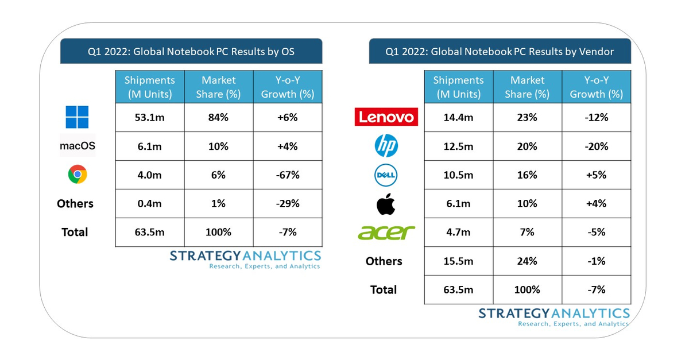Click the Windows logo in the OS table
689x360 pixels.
pos(77,117)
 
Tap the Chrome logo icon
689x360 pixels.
pos(77,175)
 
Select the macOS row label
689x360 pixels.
pos(77,146)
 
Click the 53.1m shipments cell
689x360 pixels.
pos(149,118)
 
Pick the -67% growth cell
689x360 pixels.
pos(287,175)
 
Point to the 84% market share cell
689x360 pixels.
pos(218,118)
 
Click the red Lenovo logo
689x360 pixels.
pos(385,117)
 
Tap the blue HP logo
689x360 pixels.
pos(386,146)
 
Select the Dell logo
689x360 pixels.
pos(386,175)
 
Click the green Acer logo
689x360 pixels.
pos(386,232)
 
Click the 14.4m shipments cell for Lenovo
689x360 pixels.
pos(458,118)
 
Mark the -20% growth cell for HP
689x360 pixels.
pos(596,146)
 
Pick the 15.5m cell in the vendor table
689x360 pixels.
pos(458,261)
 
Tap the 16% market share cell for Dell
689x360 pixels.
pos(527,175)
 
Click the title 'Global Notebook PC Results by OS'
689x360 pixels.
pos(191,52)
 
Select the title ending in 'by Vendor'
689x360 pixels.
pos(500,52)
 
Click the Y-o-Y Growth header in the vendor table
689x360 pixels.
pos(596,87)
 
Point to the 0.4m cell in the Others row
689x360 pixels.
pos(149,204)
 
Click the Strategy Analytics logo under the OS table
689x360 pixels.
pos(245,259)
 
